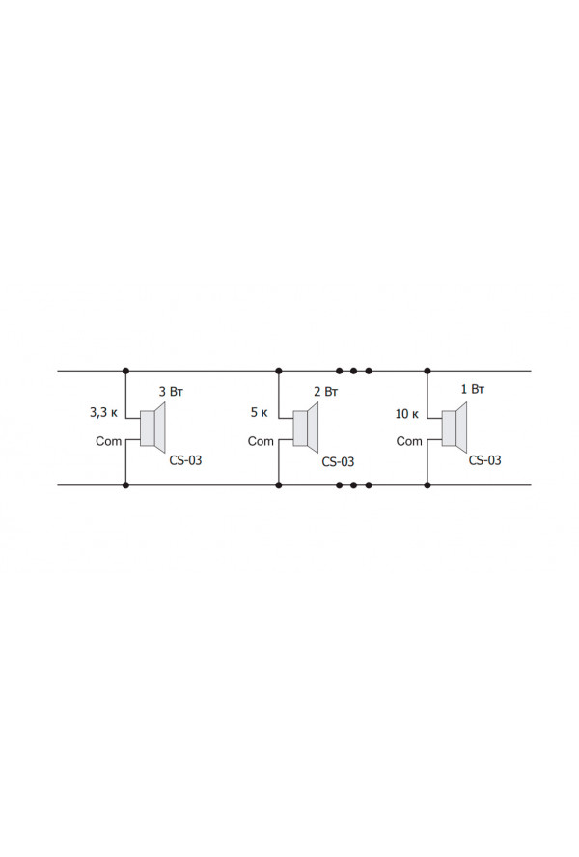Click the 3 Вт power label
click(171, 391)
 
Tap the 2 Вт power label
click(326, 391)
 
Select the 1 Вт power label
click(473, 389)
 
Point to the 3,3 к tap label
click(103, 412)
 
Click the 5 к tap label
click(260, 412)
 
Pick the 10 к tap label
click(407, 414)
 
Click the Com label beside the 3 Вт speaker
click(108, 441)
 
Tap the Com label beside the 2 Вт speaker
click(261, 441)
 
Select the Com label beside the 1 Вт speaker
click(409, 441)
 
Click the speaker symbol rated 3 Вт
click(152, 428)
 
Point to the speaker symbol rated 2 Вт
click(306, 428)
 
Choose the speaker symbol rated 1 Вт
click(455, 428)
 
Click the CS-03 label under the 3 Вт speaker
click(185, 460)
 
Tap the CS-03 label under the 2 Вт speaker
click(338, 462)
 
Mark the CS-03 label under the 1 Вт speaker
click(485, 460)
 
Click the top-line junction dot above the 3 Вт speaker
click(125, 371)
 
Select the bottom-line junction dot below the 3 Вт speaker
click(125, 484)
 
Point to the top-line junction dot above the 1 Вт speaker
click(427, 371)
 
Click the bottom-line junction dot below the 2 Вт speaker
click(279, 484)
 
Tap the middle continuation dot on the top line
click(354, 371)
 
